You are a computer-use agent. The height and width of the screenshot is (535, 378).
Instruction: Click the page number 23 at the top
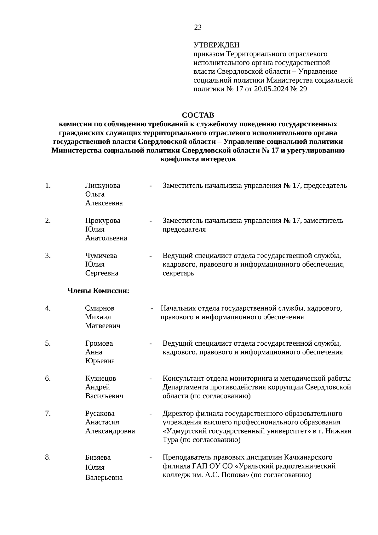coord(198,27)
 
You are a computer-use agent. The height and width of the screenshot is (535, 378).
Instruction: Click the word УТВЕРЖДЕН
coord(216,45)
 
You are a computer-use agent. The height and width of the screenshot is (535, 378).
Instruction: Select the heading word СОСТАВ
coord(198,115)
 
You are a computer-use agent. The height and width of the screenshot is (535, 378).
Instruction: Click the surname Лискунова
coord(103,185)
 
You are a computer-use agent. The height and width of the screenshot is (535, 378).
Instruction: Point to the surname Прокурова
coord(103,221)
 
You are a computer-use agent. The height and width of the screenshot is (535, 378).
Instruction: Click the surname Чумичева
coord(101,256)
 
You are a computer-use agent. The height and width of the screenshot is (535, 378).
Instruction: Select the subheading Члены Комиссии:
coord(99,291)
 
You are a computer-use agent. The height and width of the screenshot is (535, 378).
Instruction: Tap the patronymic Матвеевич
coord(103,326)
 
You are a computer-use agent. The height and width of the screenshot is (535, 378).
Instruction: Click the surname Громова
coord(99,343)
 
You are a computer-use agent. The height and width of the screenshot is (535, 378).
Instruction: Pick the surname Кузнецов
coord(100,378)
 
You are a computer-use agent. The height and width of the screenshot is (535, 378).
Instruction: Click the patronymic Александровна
coord(110,431)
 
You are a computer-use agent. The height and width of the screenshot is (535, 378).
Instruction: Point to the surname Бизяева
coord(98,457)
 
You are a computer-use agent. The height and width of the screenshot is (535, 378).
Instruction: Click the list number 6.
coord(48,378)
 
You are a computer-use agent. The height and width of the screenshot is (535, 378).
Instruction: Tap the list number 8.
coord(48,457)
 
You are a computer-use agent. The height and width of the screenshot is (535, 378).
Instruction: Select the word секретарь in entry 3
coord(178,273)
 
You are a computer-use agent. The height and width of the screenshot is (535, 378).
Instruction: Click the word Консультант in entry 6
coord(181,378)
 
